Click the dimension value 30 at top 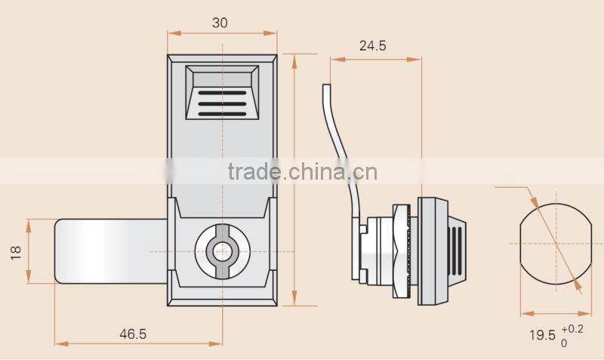point(220,23)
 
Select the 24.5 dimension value point(372,46)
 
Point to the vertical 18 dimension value point(17,251)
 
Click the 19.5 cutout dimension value point(542,334)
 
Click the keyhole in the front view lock point(221,251)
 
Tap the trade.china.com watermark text point(302,172)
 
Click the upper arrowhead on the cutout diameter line point(532,202)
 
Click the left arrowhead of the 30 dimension point(171,34)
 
